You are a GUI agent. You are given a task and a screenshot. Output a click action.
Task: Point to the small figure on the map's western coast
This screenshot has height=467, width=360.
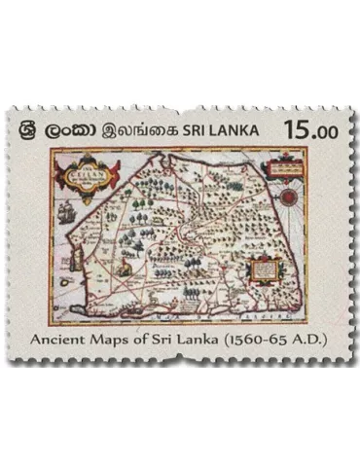125,265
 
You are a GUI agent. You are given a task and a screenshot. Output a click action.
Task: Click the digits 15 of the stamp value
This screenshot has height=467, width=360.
293,128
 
